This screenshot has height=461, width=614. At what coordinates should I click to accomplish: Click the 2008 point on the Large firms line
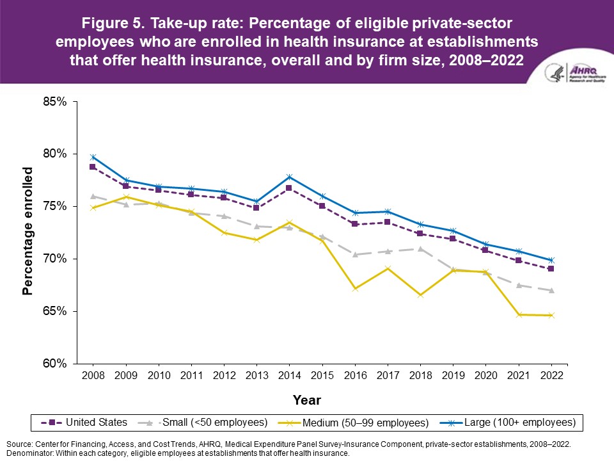pos(93,157)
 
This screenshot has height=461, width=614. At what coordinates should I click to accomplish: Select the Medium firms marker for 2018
pos(420,295)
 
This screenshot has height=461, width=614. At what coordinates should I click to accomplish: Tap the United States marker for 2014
pos(289,188)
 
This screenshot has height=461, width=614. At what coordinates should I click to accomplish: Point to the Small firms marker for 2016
pos(355,254)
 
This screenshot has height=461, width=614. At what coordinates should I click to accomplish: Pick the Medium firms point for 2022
pos(551,315)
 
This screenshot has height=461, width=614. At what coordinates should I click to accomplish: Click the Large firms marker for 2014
pos(289,177)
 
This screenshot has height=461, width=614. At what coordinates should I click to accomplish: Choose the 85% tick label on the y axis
pos(54,101)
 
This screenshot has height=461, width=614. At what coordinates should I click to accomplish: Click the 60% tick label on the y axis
pos(54,364)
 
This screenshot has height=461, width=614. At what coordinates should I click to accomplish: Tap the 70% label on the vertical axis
pos(54,259)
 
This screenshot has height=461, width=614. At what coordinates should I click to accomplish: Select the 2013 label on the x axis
pos(256,375)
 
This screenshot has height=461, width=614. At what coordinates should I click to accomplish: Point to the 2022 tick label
pos(551,375)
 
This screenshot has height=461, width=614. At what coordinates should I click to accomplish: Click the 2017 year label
pos(388,375)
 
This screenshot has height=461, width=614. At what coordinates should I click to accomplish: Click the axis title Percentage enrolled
pos(28,230)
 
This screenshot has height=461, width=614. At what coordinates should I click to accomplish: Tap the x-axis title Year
pos(306,400)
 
